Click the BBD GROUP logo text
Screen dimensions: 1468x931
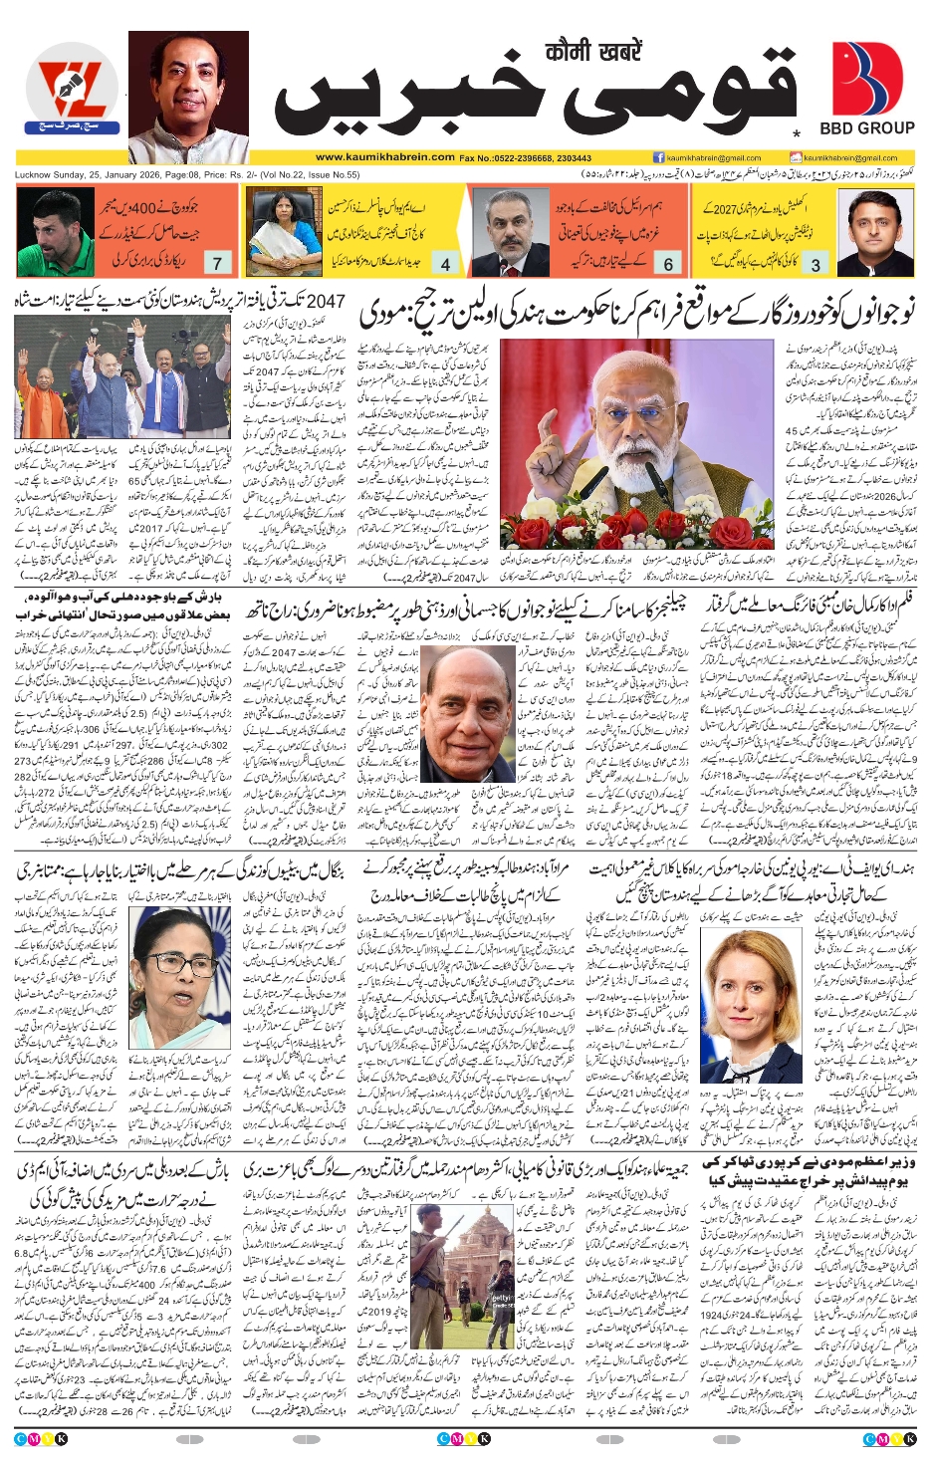tap(866, 128)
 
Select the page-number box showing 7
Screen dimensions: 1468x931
tap(217, 263)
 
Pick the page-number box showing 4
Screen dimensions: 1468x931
tap(445, 264)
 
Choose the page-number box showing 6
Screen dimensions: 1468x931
tap(668, 264)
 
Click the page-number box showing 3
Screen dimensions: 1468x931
tap(815, 264)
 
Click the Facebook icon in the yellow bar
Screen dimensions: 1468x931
tap(659, 157)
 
